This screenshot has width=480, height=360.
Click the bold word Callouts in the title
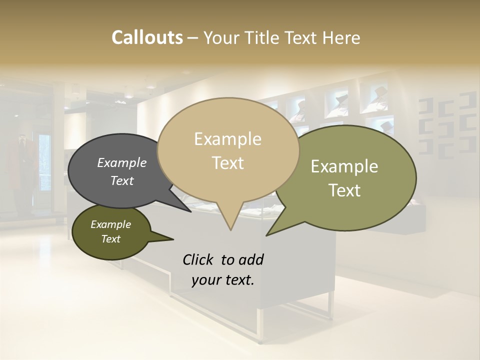click(x=147, y=37)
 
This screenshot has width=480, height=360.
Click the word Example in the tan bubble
click(x=227, y=139)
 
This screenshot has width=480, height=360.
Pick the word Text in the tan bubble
click(x=227, y=163)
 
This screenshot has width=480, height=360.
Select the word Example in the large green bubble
click(x=344, y=166)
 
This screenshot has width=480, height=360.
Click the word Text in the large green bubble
click(x=344, y=190)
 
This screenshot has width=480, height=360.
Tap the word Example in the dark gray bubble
click(x=122, y=163)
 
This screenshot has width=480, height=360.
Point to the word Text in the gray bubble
click(x=122, y=181)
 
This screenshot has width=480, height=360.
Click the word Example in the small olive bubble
click(x=110, y=224)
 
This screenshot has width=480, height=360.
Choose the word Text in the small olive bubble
click(x=110, y=239)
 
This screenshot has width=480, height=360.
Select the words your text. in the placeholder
click(x=223, y=280)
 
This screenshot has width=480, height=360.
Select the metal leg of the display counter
click(x=260, y=325)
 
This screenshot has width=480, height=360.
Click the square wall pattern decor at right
click(x=447, y=125)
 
